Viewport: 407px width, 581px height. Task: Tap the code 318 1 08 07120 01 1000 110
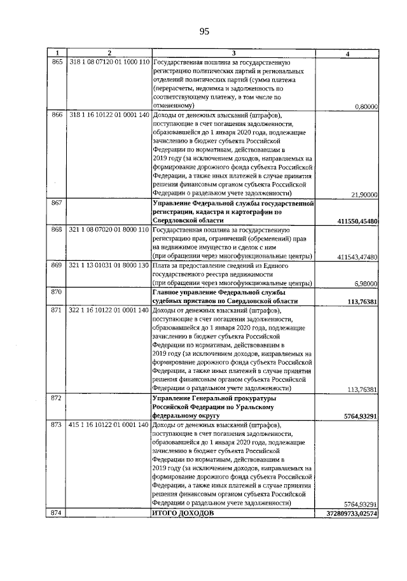pyautogui.click(x=109, y=62)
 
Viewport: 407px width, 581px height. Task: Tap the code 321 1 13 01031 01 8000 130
pyautogui.click(x=109, y=265)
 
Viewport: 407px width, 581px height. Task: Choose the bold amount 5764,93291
pyautogui.click(x=357, y=415)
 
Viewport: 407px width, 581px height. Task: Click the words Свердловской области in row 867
pyautogui.click(x=187, y=220)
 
